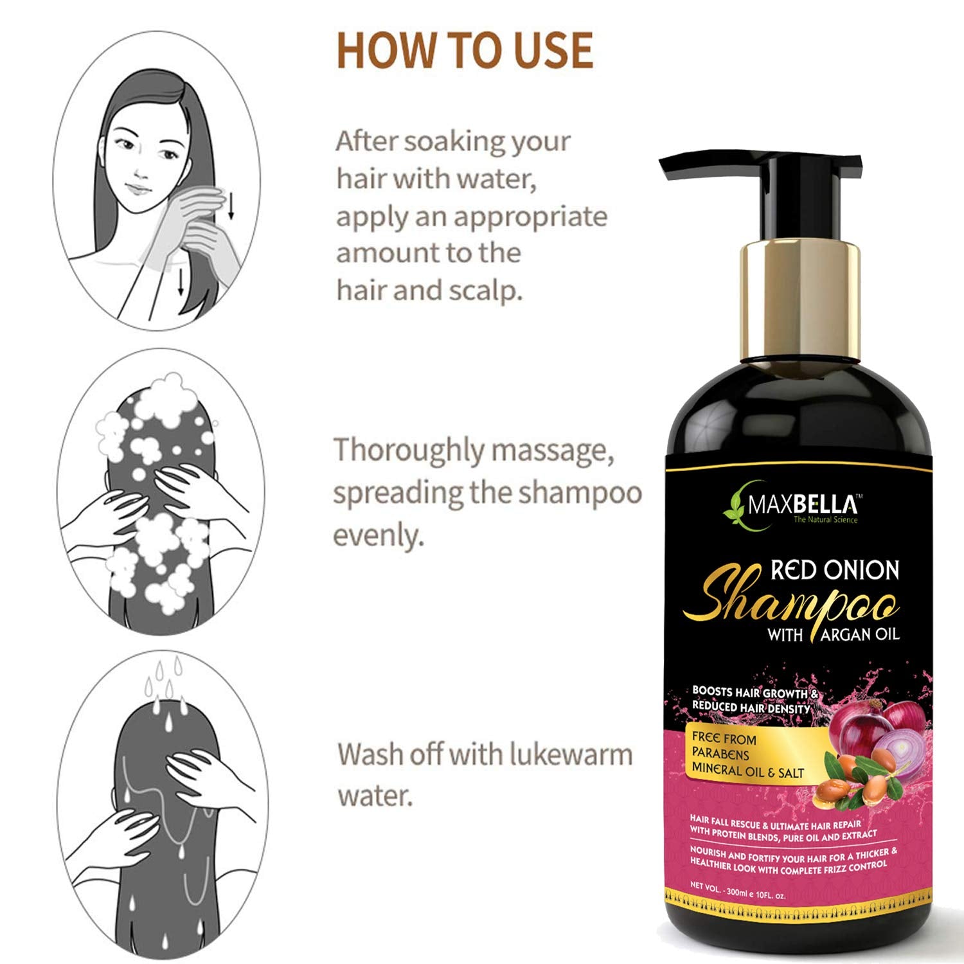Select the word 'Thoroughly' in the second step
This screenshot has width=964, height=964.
click(408, 452)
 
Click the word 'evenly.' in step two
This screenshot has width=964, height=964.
click(379, 535)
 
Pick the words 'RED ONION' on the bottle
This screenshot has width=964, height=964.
click(835, 570)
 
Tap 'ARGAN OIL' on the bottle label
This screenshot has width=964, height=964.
click(860, 635)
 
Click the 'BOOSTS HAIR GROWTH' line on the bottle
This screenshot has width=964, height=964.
click(754, 693)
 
